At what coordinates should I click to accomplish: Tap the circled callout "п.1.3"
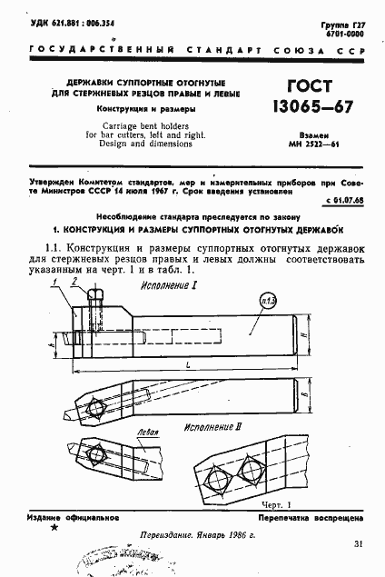[269, 301]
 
